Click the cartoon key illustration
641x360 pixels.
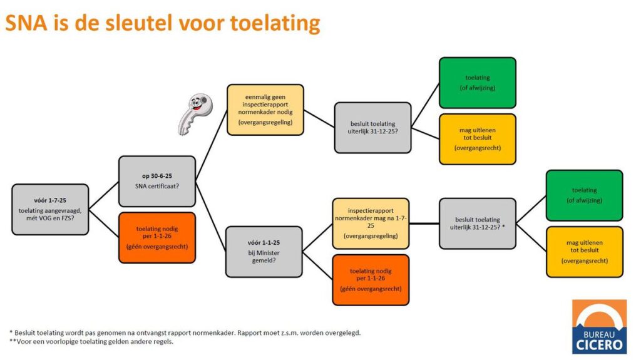[x=195, y=114]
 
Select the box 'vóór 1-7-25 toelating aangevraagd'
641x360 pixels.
[x=50, y=210]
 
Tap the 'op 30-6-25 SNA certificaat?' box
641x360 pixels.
[x=157, y=181]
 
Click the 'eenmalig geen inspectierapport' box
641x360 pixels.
[x=265, y=110]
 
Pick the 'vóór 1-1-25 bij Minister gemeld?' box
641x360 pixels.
[x=264, y=252]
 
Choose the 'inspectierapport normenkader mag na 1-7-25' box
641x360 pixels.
[x=371, y=224]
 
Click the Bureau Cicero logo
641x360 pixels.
[x=599, y=326]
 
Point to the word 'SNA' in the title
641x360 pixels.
[x=26, y=23]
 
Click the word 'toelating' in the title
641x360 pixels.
[x=275, y=23]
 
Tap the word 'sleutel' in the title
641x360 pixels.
[x=140, y=23]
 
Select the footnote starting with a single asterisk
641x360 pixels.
[x=185, y=332]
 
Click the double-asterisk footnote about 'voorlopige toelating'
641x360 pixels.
[x=91, y=341]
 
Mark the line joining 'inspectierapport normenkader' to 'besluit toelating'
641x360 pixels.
[x=424, y=224]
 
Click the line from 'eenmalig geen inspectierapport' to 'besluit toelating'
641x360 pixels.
[x=319, y=118]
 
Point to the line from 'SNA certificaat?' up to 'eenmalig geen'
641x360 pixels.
[x=212, y=145]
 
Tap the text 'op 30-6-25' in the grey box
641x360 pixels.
[x=157, y=176]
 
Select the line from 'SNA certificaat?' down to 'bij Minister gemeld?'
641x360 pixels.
[x=211, y=217]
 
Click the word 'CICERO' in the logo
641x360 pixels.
[x=599, y=344]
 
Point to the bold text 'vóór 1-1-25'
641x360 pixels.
[x=264, y=242]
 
